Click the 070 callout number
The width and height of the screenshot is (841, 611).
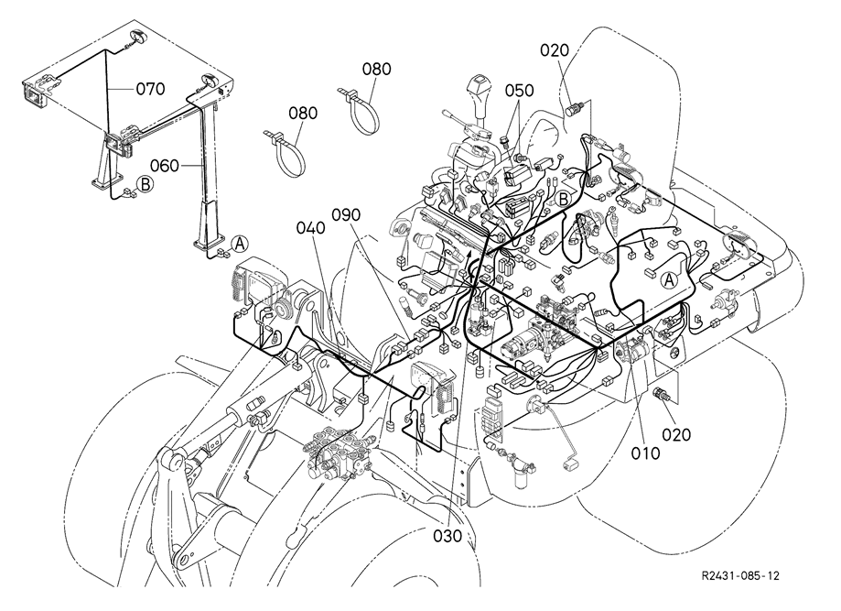coord(150,89)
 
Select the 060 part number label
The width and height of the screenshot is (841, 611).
coord(164,166)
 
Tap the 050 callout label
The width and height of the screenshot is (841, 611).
coord(519,90)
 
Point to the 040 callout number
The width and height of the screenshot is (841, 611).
coord(310,228)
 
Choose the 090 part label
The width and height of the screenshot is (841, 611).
coord(346,214)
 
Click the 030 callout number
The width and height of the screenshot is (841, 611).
coord(447,536)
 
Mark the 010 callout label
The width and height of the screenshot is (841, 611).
coord(645,453)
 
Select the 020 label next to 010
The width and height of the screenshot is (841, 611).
coord(676,434)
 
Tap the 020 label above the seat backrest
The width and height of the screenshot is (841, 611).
coord(554,50)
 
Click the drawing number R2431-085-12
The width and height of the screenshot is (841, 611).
coord(740,575)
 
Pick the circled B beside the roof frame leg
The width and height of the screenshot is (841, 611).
coord(145,184)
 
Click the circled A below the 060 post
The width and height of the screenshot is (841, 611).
coord(240,244)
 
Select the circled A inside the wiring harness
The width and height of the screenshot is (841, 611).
coord(668,279)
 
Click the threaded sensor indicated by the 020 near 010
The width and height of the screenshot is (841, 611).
coord(660,395)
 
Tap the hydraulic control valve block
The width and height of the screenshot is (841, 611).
coord(338,453)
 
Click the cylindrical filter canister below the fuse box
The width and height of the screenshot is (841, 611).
coord(522,473)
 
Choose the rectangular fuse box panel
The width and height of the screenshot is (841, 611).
coord(491,416)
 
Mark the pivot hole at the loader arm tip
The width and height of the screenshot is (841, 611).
coord(185,560)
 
